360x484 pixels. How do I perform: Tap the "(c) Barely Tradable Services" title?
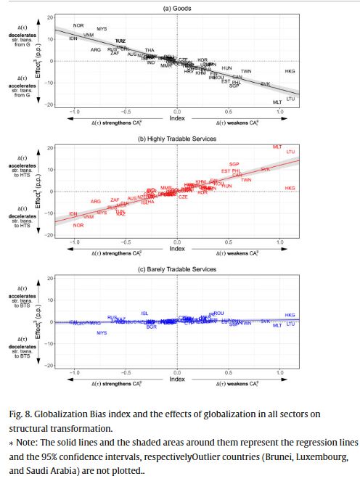click(176, 269)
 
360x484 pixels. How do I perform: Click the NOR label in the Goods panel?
click(78, 25)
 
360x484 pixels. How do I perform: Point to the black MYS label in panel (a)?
click(102, 28)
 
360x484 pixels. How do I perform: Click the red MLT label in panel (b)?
click(277, 147)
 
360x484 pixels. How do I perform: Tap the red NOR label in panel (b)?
click(78, 226)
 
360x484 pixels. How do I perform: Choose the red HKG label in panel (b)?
click(290, 188)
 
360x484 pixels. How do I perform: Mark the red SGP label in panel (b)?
click(234, 164)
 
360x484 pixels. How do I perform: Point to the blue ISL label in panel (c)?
click(145, 313)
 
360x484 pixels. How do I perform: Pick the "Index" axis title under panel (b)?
click(176, 248)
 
